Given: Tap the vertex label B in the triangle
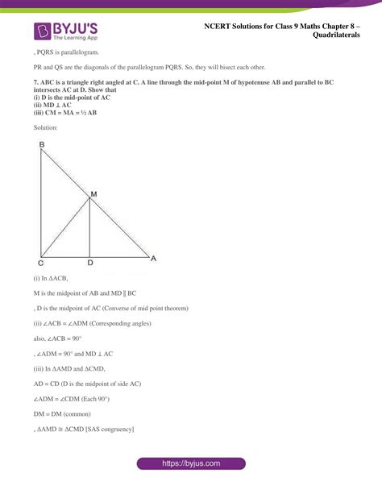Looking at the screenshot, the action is (41, 145).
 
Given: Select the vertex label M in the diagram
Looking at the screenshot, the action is (93, 194).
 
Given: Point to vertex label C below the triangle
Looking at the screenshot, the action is (41, 263).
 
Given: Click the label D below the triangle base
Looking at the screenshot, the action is (89, 263).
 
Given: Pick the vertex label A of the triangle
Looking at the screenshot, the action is (153, 259).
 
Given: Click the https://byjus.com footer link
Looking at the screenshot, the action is (191, 463).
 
